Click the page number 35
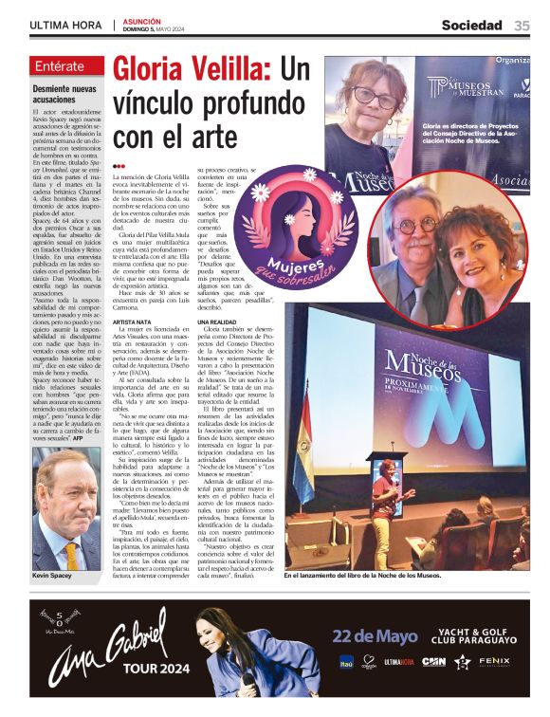(x=522, y=26)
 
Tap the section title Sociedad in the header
(x=471, y=26)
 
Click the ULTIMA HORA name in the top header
(x=65, y=26)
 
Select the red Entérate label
(x=68, y=66)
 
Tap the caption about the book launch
(x=376, y=575)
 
